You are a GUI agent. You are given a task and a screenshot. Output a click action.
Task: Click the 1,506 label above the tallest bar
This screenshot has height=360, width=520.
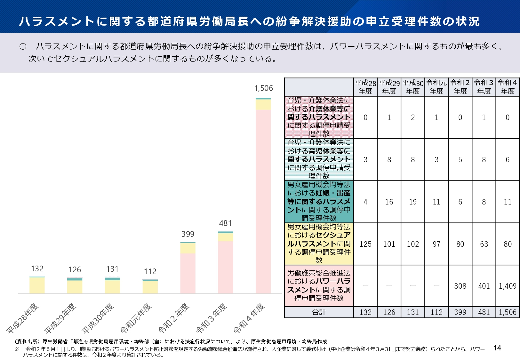click(263, 88)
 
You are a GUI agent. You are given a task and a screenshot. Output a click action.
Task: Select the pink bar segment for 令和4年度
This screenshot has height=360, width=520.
click(263, 202)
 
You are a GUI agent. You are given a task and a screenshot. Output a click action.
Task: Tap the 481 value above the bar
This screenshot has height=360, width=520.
click(225, 223)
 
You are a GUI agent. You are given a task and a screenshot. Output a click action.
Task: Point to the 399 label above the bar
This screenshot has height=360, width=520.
click(188, 234)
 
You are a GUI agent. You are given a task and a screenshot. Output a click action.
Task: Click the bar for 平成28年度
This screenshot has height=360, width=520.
click(37, 285)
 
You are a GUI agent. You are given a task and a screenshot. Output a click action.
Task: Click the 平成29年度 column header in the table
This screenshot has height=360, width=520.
click(389, 87)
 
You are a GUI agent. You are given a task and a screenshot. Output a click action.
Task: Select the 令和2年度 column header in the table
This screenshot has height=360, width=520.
click(460, 87)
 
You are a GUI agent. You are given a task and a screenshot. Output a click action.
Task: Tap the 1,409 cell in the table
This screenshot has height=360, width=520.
click(508, 286)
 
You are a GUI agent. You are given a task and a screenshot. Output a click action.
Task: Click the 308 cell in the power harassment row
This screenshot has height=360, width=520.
click(460, 286)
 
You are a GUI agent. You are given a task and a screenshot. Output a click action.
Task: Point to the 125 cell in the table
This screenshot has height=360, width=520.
click(365, 244)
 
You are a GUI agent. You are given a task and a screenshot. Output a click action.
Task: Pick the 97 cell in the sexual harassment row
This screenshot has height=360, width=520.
click(436, 244)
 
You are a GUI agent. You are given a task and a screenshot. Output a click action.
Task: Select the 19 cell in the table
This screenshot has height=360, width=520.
click(413, 202)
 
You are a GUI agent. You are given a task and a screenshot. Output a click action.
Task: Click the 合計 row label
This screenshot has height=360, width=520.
click(319, 312)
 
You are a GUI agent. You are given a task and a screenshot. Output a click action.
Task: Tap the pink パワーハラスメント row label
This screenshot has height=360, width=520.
click(319, 285)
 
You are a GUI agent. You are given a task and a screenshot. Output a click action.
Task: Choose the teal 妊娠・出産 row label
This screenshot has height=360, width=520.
click(319, 202)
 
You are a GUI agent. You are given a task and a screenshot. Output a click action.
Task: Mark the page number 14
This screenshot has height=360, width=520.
click(497, 348)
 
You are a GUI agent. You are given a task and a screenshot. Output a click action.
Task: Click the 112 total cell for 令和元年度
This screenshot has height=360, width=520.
click(436, 312)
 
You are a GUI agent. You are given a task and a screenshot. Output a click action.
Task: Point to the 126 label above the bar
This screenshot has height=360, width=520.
click(75, 270)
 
